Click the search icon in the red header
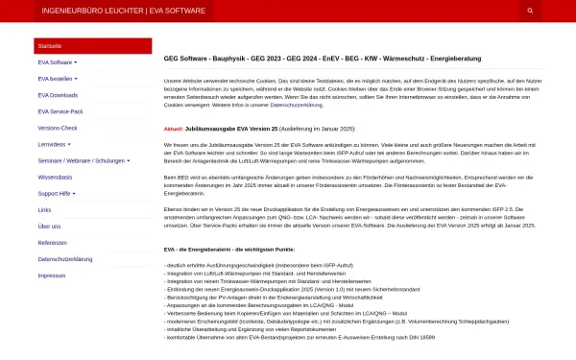(530, 11)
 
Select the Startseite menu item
(50, 46)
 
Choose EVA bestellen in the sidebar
(58, 79)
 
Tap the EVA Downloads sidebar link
(58, 95)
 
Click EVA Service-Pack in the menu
(60, 111)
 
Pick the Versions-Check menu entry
(57, 128)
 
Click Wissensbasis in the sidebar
(55, 177)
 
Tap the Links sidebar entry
(44, 209)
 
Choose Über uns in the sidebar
(48, 226)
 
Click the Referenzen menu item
(52, 242)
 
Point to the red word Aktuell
(174, 128)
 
